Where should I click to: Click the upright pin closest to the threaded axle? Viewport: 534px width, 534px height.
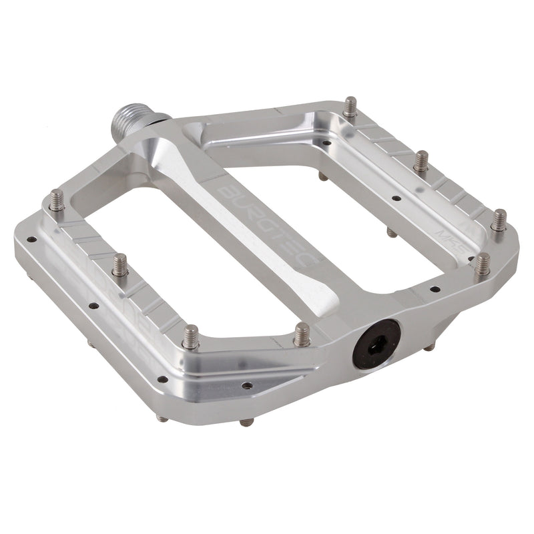(350, 107)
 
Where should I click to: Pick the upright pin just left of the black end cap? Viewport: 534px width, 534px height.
(302, 334)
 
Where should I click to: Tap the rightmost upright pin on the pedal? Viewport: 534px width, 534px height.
(499, 221)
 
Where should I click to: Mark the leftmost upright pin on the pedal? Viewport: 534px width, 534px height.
(57, 201)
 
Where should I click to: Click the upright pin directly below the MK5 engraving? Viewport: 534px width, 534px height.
(482, 264)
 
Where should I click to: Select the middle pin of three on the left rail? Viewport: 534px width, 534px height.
(120, 265)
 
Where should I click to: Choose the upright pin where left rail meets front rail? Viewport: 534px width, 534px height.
(191, 336)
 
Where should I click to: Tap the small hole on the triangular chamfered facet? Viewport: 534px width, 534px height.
(247, 385)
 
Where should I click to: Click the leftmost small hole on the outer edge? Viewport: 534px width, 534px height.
(30, 239)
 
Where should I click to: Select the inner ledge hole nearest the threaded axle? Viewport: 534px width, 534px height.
(326, 142)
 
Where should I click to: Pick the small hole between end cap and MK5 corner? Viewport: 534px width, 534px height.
(435, 290)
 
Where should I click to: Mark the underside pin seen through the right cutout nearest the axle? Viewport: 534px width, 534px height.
(322, 176)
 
